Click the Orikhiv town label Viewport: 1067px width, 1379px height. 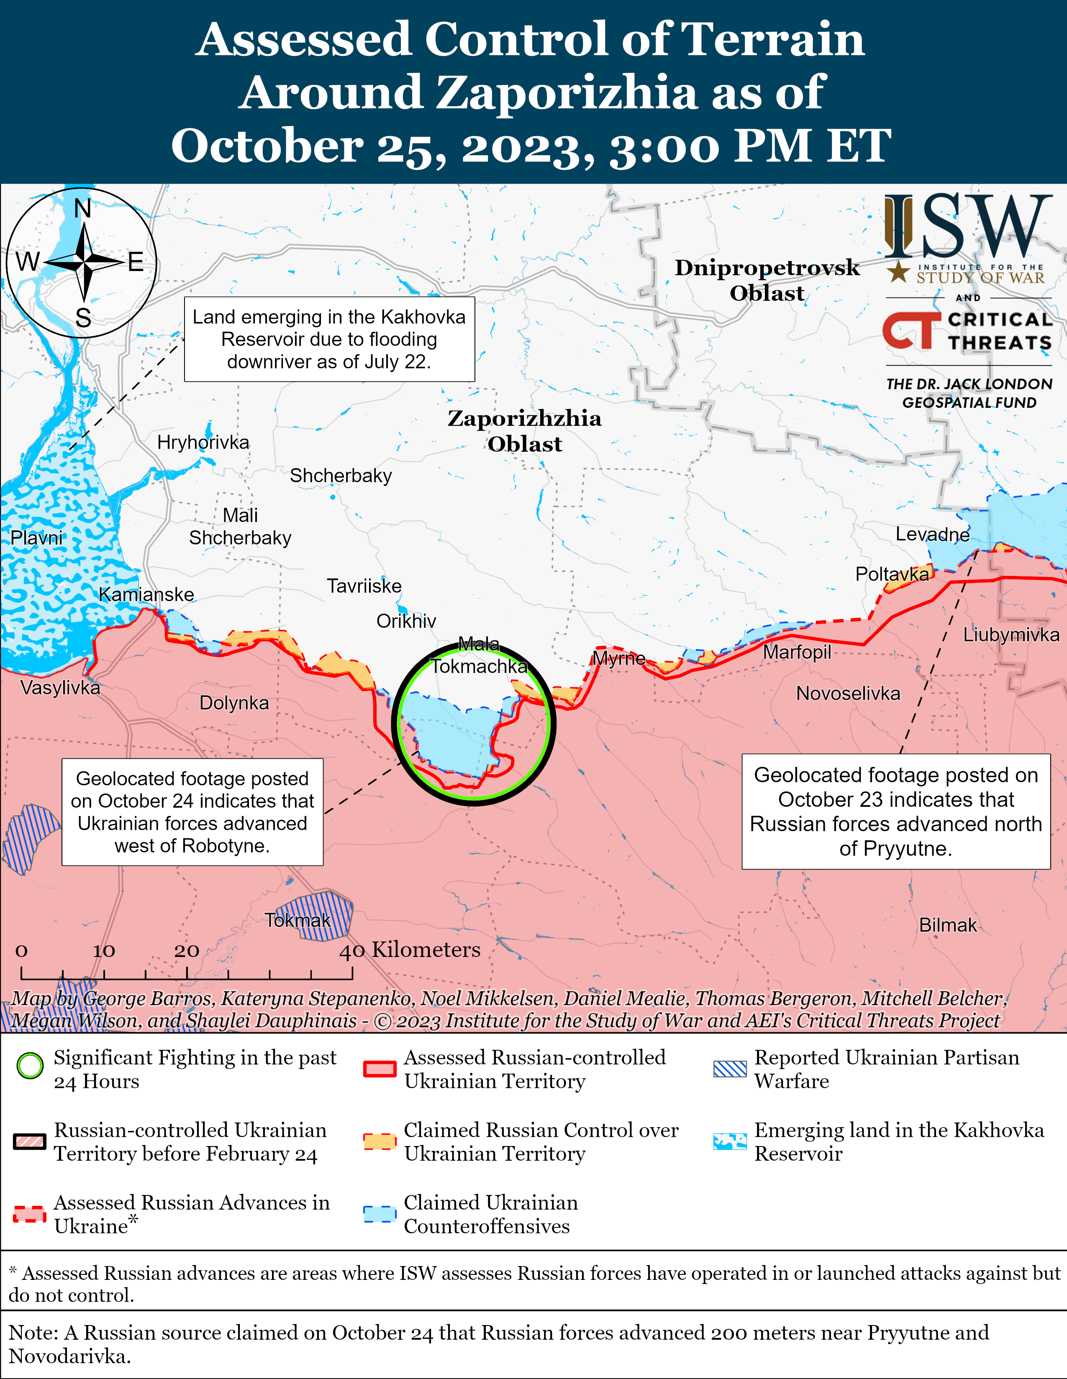point(406,621)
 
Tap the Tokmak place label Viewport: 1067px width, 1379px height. point(298,920)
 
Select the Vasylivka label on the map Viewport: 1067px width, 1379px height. point(60,688)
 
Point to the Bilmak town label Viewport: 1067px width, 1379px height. point(948,925)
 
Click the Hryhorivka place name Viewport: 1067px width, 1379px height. point(203,442)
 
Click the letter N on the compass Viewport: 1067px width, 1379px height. point(83,208)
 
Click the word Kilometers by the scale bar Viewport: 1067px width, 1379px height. point(426,949)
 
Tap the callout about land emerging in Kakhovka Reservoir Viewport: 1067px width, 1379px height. point(329,339)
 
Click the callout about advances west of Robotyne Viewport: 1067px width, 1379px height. point(192,811)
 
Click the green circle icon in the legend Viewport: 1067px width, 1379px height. point(30,1067)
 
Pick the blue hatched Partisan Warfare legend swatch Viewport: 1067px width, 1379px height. point(730,1068)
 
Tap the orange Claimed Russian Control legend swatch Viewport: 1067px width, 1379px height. point(380,1141)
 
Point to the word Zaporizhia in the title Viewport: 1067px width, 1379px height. point(566,92)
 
